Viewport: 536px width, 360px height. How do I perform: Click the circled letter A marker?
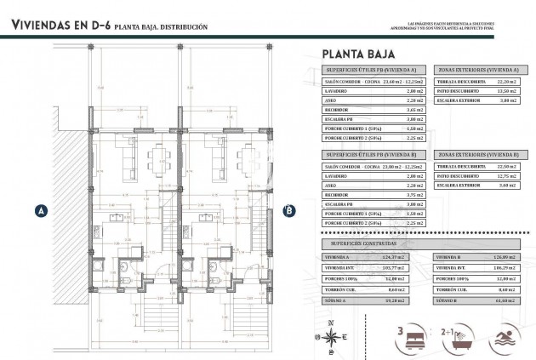(x=40, y=210)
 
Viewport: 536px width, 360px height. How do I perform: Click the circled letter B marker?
(x=288, y=210)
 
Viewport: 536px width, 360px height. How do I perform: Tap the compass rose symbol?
(x=331, y=330)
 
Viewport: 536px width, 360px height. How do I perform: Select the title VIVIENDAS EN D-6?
(x=60, y=26)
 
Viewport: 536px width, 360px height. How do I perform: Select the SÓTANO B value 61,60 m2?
(x=507, y=300)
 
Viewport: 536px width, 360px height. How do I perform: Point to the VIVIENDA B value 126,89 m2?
(x=507, y=254)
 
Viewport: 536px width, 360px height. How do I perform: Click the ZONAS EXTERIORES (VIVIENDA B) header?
(x=479, y=154)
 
